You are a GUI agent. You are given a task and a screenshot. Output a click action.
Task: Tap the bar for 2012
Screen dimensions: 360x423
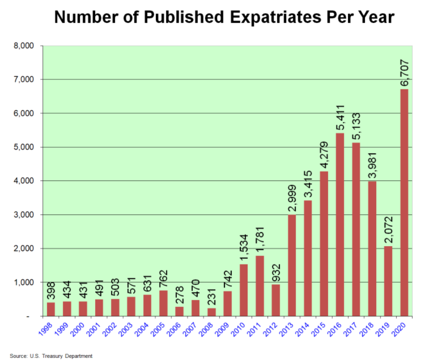(276, 300)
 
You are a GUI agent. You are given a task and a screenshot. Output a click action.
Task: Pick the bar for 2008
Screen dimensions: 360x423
(212, 312)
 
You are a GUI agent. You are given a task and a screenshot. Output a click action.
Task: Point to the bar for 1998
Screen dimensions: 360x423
(51, 309)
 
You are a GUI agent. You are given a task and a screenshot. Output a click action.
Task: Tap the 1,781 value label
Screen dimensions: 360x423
(260, 239)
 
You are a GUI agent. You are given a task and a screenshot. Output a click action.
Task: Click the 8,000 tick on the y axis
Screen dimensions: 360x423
(25, 46)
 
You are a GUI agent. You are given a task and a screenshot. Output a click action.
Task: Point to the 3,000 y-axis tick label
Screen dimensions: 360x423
(25, 215)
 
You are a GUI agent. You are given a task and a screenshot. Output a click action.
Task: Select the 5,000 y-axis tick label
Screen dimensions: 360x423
(25, 147)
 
